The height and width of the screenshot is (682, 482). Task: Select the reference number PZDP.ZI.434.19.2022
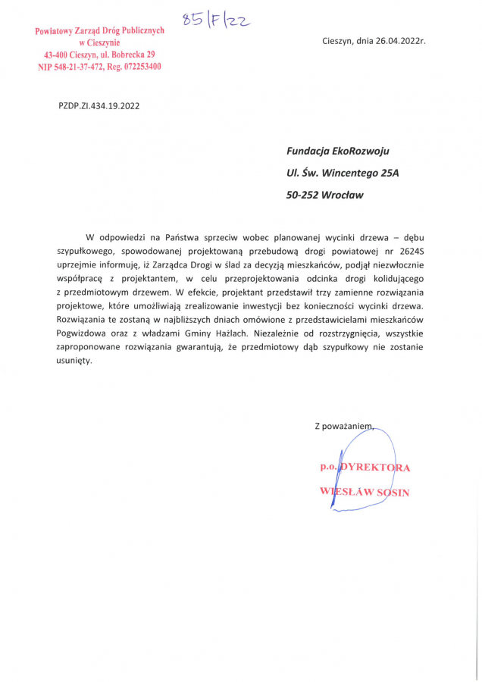tap(99, 105)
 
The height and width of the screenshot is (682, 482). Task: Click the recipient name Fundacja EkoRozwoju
tap(338, 151)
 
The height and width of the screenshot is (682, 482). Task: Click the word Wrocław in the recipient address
tap(343, 195)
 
